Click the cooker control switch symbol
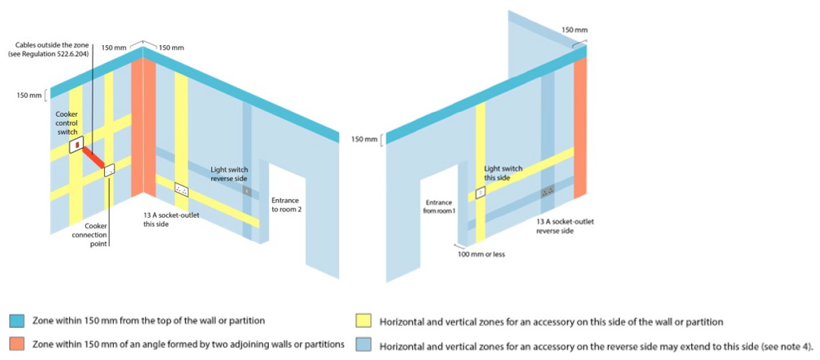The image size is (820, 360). tap(76, 144)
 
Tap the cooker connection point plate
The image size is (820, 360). tap(109, 170)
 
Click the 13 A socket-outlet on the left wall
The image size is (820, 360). tap(181, 189)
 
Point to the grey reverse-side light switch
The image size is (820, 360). tap(247, 191)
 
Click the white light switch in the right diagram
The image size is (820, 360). tap(480, 193)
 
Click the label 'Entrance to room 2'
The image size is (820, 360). tap(287, 204)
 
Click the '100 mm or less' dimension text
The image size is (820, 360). tap(481, 254)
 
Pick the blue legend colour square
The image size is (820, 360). tap(17, 321)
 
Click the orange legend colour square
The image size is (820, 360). tap(17, 344)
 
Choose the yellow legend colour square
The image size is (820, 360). tap(363, 321)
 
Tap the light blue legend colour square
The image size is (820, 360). tap(363, 345)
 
